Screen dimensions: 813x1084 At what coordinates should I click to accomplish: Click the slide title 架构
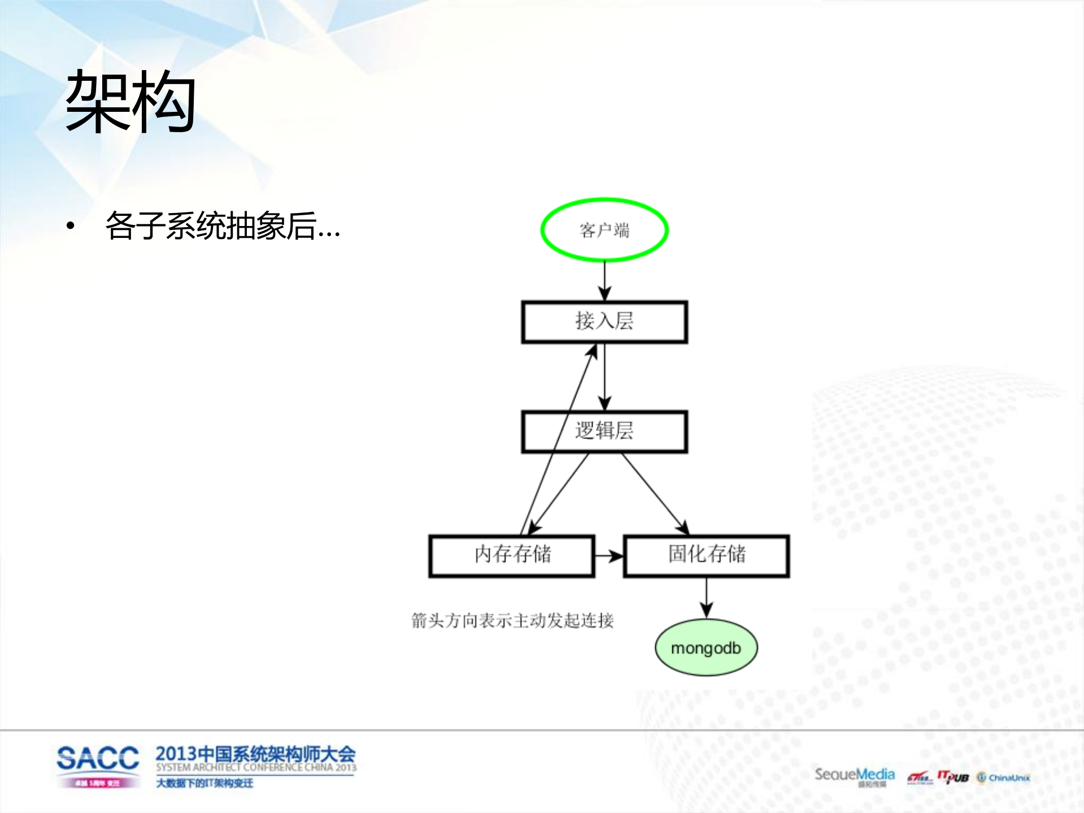(130, 102)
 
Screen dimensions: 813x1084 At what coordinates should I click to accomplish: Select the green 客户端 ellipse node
(604, 230)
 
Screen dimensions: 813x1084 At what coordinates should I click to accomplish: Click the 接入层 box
(604, 321)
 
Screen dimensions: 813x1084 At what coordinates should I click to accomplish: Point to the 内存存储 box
(512, 556)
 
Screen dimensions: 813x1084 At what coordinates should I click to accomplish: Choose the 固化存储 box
(706, 556)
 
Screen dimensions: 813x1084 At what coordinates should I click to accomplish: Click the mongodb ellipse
(706, 648)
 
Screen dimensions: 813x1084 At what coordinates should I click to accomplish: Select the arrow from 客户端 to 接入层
(604, 281)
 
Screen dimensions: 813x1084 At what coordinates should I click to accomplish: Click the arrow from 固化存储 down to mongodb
(706, 598)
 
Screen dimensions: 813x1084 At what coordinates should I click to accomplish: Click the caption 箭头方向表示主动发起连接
(512, 620)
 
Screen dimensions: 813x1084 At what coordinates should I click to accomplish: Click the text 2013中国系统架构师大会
(255, 754)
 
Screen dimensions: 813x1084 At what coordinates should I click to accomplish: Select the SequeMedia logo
(854, 775)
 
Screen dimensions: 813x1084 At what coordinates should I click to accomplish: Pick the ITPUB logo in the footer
(953, 777)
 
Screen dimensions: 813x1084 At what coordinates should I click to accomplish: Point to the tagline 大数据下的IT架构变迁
(204, 783)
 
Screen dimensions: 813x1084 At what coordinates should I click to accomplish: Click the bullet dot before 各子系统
(70, 227)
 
